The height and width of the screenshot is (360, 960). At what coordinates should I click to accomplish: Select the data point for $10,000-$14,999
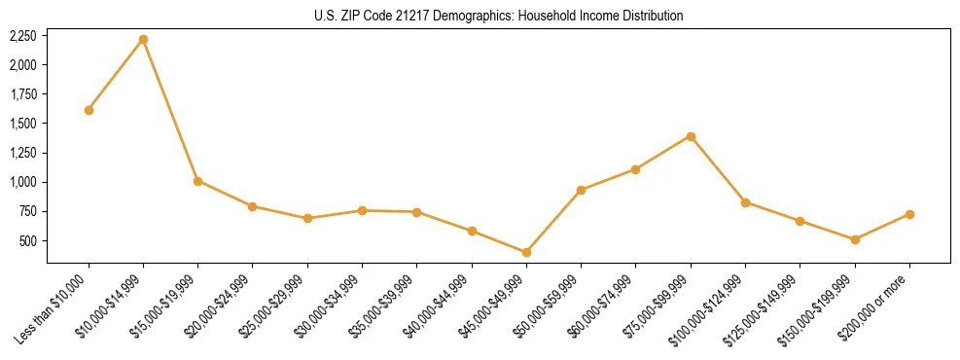143,39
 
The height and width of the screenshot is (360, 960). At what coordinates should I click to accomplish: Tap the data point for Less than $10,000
89,110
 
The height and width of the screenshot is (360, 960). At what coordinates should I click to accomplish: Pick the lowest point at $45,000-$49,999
526,252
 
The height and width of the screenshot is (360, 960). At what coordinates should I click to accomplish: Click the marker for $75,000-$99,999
691,136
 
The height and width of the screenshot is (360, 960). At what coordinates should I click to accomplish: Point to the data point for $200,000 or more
909,214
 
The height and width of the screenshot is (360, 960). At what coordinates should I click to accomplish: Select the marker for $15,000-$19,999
197,181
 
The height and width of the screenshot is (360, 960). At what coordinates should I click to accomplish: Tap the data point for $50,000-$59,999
581,190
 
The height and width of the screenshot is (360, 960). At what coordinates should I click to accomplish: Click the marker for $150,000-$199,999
855,239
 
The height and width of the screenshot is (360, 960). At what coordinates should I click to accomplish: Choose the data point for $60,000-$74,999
635,169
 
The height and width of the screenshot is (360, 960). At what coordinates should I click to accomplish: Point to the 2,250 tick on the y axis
22,36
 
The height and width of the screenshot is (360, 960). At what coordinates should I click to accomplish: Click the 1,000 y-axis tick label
22,182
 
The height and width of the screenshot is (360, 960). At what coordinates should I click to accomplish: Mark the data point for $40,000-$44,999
472,231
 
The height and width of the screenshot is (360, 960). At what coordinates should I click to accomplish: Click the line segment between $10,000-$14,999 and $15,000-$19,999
170,110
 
